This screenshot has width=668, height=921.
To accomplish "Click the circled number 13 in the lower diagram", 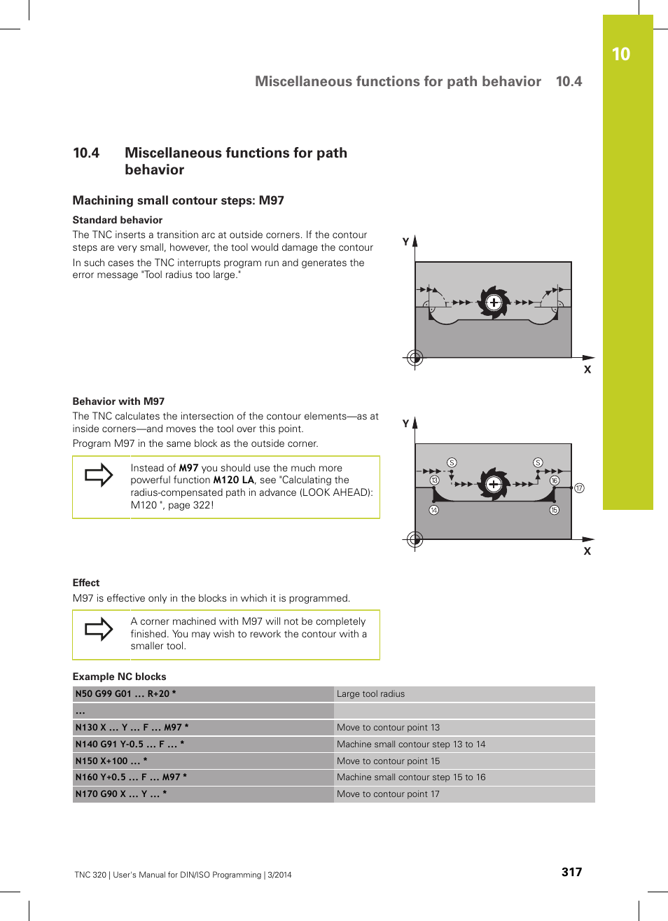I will tap(434, 480).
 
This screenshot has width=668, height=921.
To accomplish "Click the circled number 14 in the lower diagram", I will tap(434, 510).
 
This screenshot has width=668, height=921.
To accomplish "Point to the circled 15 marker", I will tap(554, 510).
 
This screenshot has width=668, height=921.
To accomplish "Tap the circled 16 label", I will tap(554, 480).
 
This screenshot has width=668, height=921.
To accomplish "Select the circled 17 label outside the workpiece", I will tap(579, 488).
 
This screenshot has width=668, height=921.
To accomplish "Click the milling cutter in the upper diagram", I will tap(494, 303).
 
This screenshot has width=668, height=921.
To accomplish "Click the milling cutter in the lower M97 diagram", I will tap(494, 484).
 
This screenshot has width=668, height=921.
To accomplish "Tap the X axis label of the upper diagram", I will tap(587, 370).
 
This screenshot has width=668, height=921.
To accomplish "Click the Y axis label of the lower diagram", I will tap(405, 424).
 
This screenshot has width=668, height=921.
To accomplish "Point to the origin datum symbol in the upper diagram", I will tap(415, 358).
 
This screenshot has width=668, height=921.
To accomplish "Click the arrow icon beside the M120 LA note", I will tap(99, 475).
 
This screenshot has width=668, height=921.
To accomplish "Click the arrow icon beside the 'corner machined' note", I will tap(99, 629).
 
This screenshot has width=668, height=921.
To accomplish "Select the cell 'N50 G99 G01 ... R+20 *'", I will tap(126, 694).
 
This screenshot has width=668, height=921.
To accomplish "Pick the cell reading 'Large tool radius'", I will tap(370, 694).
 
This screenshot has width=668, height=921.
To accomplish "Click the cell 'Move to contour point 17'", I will tap(388, 794).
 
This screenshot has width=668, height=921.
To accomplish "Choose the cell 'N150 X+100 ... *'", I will tap(111, 761).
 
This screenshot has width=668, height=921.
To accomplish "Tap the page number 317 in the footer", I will tap(571, 872).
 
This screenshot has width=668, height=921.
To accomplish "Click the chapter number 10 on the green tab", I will tap(620, 55).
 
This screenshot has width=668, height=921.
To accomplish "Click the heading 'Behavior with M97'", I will tap(118, 401).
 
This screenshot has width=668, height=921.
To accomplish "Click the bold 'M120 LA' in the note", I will tap(233, 480).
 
